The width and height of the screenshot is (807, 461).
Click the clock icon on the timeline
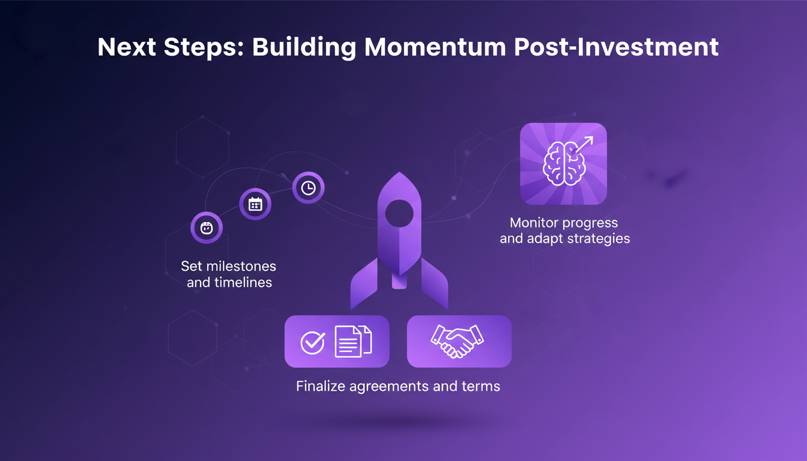click(308, 188)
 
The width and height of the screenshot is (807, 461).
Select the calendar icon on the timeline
click(255, 204)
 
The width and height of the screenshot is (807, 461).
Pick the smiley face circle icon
click(207, 228)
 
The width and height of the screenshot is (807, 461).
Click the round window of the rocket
click(399, 213)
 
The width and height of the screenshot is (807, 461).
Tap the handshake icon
click(458, 341)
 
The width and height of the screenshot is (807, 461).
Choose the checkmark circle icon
click(312, 342)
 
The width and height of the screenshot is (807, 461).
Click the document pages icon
click(353, 341)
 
